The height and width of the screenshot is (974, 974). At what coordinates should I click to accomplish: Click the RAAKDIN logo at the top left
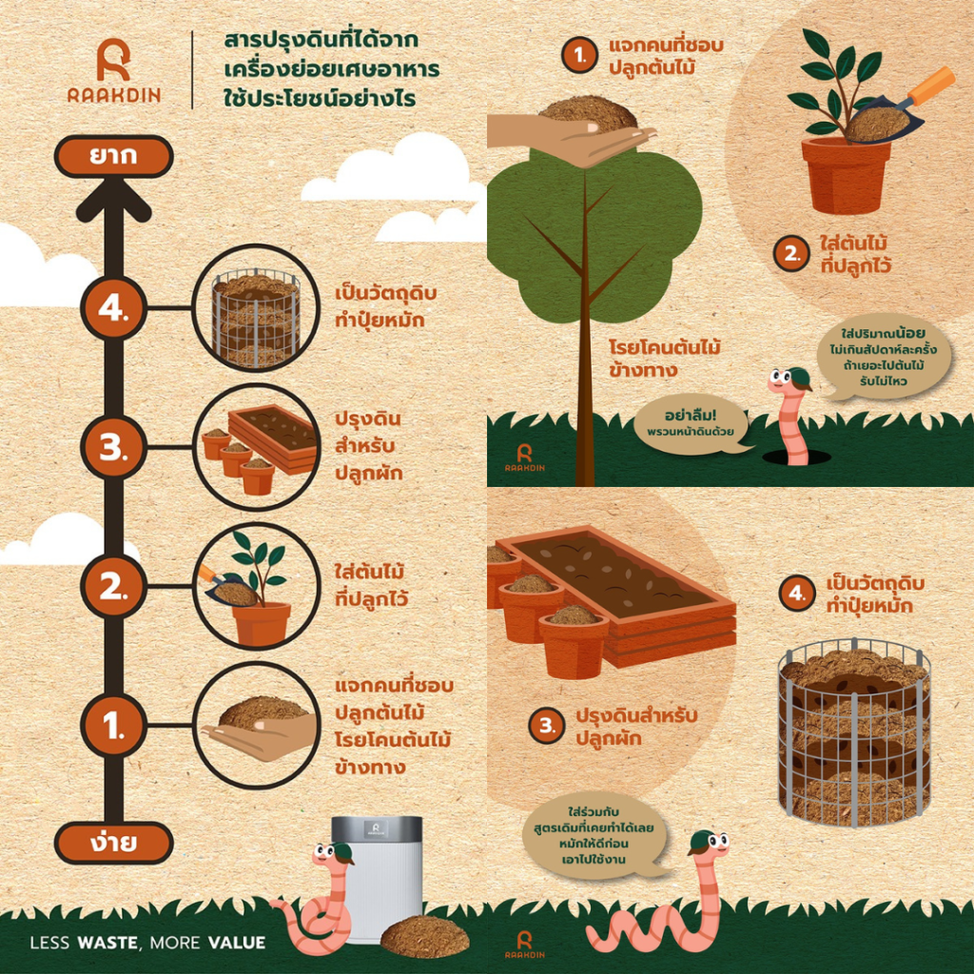(x=114, y=70)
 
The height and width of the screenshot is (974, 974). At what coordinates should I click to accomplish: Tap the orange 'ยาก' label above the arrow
(x=114, y=156)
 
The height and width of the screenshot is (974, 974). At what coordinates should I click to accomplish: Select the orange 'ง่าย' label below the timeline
(x=114, y=843)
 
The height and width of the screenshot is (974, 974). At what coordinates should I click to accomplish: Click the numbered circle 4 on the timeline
(x=114, y=307)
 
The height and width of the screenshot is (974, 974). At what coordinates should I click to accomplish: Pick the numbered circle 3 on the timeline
(x=114, y=447)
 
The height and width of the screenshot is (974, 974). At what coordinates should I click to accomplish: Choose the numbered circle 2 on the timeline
(x=114, y=586)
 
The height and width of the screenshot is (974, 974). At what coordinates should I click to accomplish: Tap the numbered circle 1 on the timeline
(x=114, y=725)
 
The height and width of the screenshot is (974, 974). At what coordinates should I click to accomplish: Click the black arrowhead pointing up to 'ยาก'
(x=114, y=200)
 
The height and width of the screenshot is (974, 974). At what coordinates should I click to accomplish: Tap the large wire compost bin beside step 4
(x=855, y=733)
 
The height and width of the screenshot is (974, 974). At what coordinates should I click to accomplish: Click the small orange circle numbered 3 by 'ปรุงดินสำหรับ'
(x=547, y=726)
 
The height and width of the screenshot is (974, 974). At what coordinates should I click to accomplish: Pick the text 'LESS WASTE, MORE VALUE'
(x=147, y=943)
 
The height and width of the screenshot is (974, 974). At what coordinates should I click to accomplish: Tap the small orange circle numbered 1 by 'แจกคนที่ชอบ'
(x=579, y=54)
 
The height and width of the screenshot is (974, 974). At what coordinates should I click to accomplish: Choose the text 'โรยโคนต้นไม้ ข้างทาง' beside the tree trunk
(x=664, y=359)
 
